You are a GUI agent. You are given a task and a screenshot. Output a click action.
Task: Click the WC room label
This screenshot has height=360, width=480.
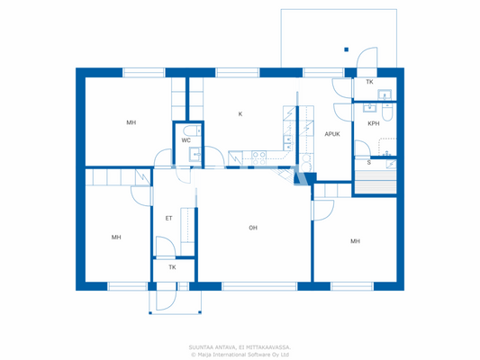[x=186, y=140]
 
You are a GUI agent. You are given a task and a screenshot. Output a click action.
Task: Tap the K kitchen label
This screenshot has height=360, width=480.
[x=240, y=114]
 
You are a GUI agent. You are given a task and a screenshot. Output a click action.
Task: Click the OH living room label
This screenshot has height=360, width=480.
[x=253, y=228]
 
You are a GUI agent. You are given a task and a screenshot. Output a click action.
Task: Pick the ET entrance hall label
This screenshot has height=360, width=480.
[x=168, y=218]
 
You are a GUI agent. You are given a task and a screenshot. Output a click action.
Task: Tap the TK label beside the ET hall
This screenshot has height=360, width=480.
[x=172, y=267]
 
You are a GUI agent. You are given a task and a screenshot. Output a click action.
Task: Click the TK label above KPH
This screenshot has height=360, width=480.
[x=369, y=82]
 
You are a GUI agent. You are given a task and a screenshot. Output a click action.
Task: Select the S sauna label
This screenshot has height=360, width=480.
[x=367, y=163]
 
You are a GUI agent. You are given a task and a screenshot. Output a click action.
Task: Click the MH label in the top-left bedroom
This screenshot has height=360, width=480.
[x=131, y=122]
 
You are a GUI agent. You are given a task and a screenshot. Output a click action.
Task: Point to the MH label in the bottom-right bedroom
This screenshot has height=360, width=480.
[x=356, y=241]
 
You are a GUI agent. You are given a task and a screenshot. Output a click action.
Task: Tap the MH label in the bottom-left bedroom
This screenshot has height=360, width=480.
[x=116, y=238]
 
